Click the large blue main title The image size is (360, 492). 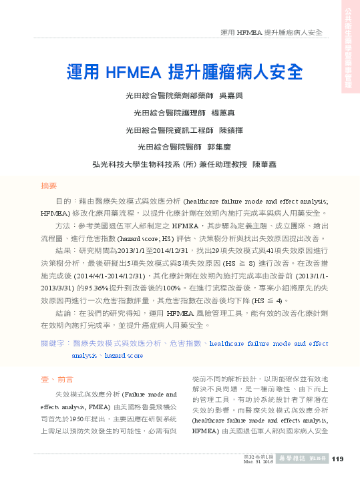click(x=184, y=71)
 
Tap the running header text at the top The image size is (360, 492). click(x=271, y=32)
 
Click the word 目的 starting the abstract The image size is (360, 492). click(x=62, y=200)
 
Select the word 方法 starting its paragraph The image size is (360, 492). click(x=62, y=227)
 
